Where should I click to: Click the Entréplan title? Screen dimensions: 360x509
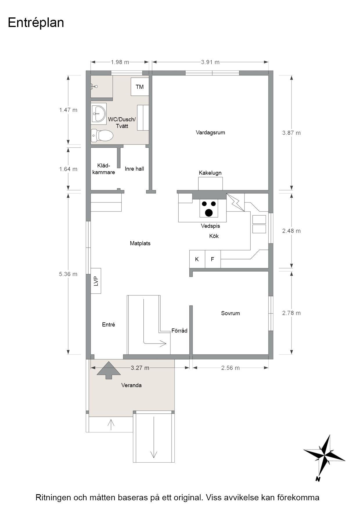coord(36,23)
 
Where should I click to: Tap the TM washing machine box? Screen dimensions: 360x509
coord(140,86)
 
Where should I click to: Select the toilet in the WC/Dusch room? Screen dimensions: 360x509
coord(102,135)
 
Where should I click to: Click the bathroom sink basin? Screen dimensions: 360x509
coord(99,113)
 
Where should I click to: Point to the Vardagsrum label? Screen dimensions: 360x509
coord(210,133)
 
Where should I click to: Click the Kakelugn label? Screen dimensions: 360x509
coord(210,173)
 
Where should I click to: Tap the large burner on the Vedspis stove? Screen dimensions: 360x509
coord(209,213)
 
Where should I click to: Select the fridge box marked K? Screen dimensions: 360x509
coord(197,259)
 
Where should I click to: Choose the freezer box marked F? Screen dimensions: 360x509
coord(213,259)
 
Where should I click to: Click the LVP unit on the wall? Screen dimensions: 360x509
coord(96,281)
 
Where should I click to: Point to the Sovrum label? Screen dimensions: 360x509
coord(231,313)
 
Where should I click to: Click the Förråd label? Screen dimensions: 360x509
coord(179,331)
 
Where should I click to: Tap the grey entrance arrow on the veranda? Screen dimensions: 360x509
coord(108,370)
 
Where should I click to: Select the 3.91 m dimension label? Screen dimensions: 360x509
coord(210,62)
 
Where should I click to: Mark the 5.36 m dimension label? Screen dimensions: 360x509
coord(68,274)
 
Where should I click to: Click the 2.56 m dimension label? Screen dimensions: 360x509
coord(231,368)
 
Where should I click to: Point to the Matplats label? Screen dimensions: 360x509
coord(140,243)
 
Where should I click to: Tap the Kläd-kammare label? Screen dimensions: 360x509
coord(104,169)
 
